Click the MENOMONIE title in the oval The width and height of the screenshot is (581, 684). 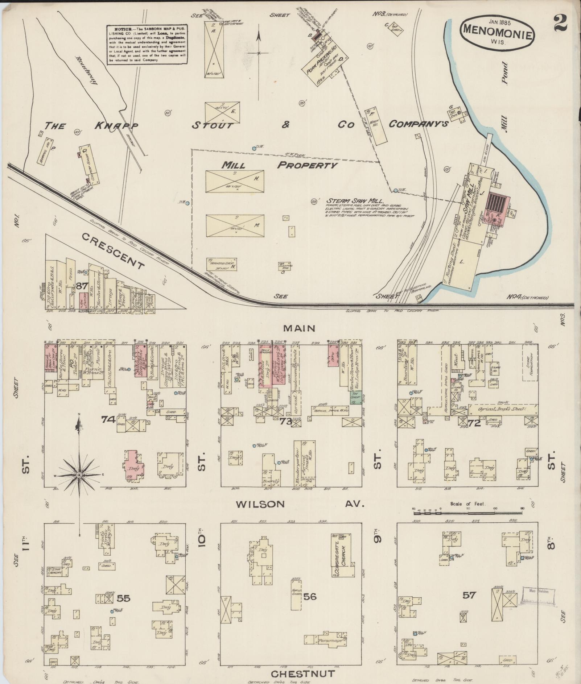pos(497,36)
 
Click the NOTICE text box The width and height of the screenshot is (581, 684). pos(147,45)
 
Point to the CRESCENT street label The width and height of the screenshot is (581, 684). pos(113,251)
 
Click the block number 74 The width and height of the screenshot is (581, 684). pos(108,420)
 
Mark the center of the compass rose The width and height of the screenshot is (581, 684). pos(79,475)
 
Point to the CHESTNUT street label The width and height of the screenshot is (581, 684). pos(303,673)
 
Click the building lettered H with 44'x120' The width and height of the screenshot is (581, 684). pos(235,181)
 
